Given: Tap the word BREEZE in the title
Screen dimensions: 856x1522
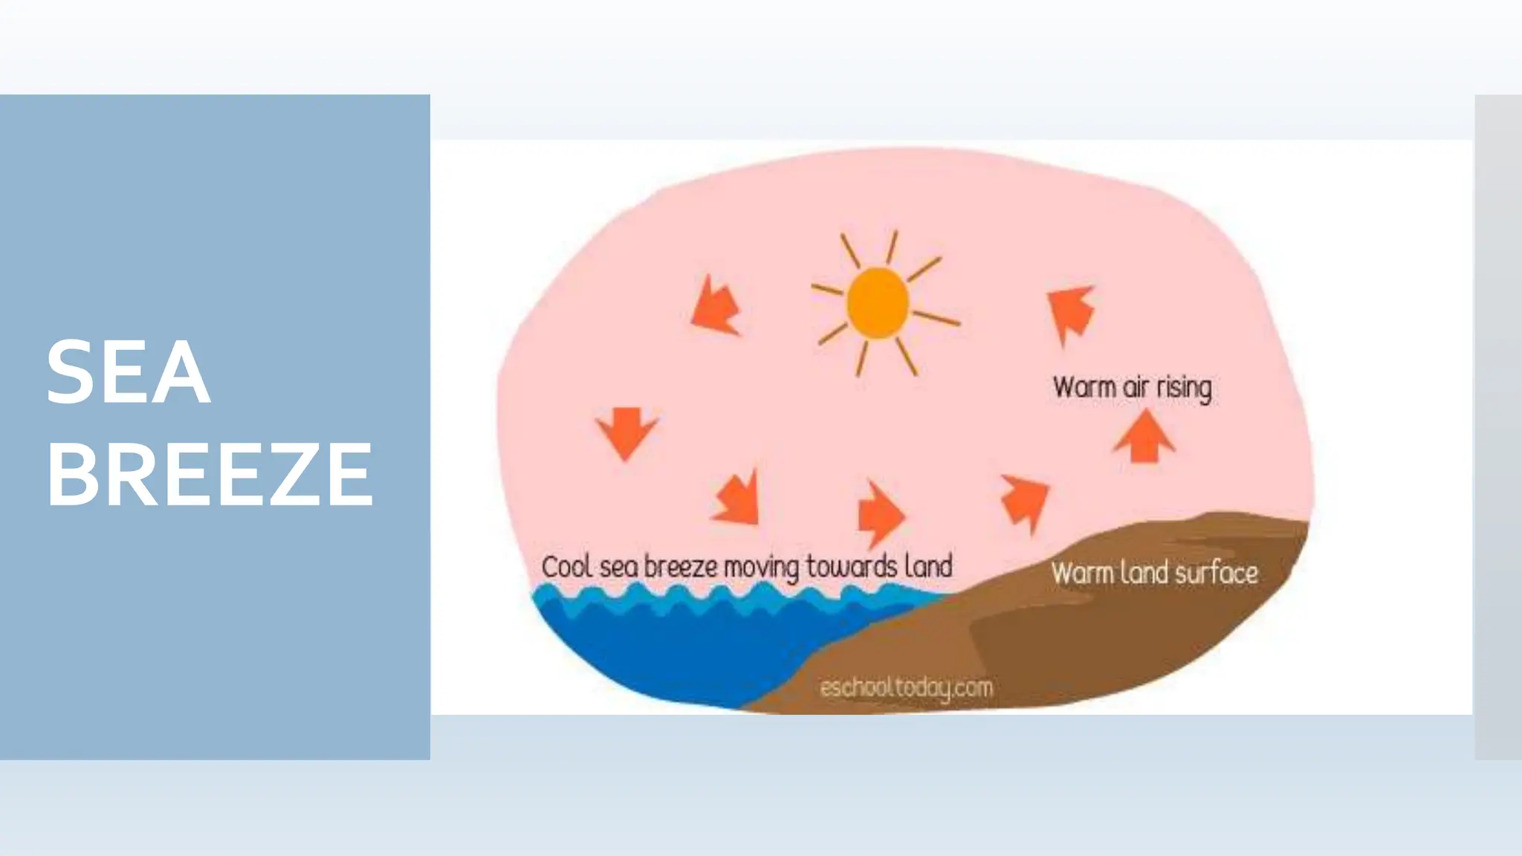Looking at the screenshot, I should (x=210, y=474).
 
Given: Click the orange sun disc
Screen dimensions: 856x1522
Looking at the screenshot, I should (x=878, y=303).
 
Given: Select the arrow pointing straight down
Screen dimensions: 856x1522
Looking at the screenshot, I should (x=626, y=432).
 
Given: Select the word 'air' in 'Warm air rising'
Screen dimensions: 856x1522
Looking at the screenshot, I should (x=1136, y=387).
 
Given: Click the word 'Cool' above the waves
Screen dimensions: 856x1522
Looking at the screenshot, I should (x=566, y=567).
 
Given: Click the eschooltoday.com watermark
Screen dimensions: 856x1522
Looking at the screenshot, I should (x=906, y=688).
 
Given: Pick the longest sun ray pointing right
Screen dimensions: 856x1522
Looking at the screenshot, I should (x=936, y=318).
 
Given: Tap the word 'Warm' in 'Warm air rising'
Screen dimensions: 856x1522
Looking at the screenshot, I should (x=1084, y=387).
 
